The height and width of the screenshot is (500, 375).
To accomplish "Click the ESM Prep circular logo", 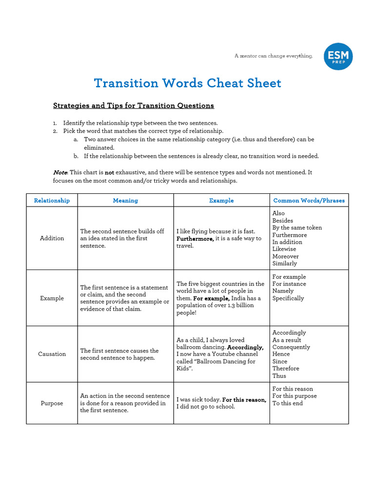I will (338, 56).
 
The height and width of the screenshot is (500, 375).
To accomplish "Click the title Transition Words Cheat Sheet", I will (187, 83).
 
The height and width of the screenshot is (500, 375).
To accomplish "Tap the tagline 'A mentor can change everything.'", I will (273, 56).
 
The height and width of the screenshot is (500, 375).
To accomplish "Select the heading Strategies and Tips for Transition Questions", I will (133, 105).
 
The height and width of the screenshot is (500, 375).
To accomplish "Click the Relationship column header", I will (52, 200).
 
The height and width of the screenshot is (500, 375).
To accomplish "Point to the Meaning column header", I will (125, 200).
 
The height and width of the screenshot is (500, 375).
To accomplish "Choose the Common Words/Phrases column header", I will (309, 200).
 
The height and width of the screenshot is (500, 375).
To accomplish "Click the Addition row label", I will (52, 238).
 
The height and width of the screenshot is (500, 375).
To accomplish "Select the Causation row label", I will (52, 354).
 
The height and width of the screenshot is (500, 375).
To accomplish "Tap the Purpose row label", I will (52, 403).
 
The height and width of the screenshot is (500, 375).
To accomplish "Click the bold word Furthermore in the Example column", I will (195, 239).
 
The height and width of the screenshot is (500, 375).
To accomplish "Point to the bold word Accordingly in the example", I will (246, 347).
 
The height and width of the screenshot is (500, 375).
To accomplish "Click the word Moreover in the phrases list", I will (286, 256).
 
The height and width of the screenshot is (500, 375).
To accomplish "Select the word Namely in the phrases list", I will (283, 291).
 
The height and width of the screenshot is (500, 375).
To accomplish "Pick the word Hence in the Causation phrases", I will (281, 354).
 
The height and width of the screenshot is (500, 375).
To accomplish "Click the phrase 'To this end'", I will (288, 403).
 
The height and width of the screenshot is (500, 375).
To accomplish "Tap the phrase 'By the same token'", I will (297, 228).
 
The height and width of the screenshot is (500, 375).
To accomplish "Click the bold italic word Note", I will (60, 173).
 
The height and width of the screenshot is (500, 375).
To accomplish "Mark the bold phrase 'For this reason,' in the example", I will (244, 400).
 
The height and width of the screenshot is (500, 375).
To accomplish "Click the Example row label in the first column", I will (52, 298).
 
